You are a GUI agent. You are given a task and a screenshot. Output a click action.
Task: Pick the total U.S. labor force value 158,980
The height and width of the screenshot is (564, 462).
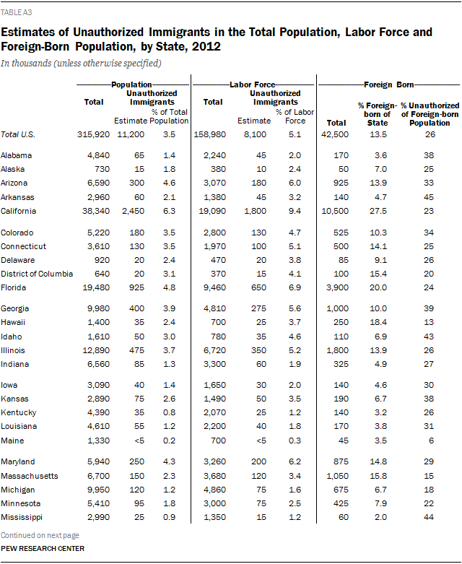tap(212, 134)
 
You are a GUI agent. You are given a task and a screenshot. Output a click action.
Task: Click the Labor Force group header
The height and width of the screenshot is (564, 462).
tap(252, 84)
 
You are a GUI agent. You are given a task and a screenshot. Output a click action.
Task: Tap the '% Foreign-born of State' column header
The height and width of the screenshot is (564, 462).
tap(374, 113)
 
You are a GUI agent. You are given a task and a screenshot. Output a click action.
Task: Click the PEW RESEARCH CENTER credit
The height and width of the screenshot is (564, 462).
tap(43, 549)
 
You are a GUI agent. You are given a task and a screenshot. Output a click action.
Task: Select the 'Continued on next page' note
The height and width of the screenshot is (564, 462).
tap(40, 535)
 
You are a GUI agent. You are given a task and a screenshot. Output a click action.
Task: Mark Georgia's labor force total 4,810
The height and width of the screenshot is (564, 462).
tap(213, 308)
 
